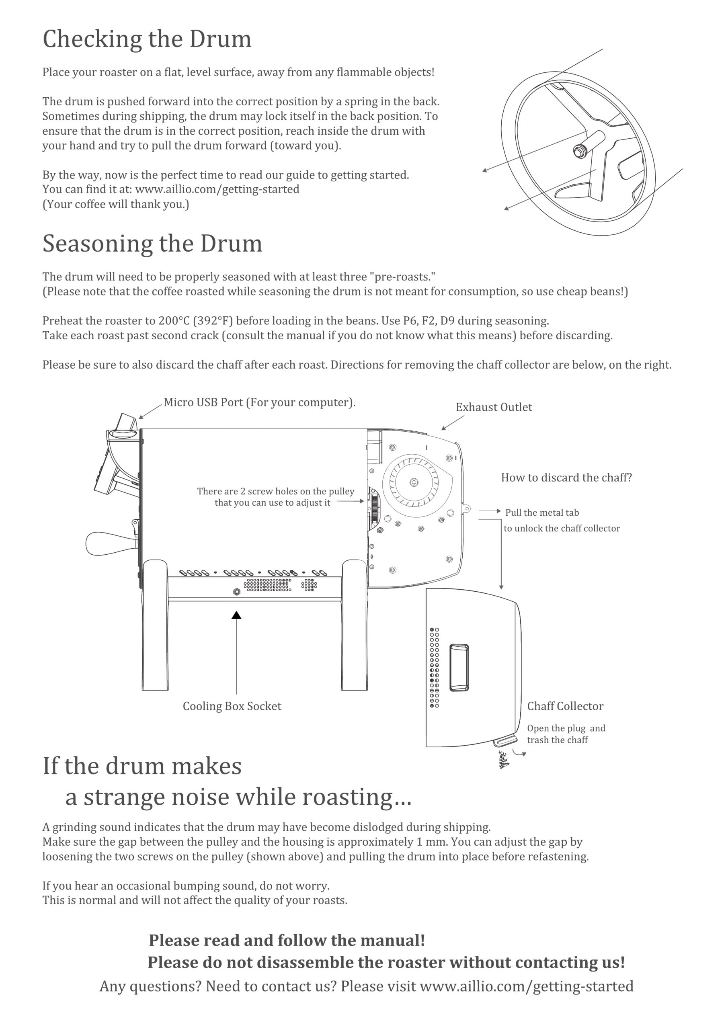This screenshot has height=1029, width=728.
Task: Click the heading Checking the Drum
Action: click(147, 39)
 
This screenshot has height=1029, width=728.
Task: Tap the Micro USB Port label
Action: click(259, 402)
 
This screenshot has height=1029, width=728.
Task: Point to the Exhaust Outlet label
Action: click(494, 408)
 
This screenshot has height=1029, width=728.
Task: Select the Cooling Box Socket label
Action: click(232, 706)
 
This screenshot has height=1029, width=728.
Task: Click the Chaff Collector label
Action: click(565, 706)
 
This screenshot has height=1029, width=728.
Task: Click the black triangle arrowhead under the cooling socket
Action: click(236, 615)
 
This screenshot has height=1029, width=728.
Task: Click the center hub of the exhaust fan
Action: click(414, 483)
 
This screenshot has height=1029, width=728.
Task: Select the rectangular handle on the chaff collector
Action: click(459, 668)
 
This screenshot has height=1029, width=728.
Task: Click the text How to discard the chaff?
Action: click(566, 478)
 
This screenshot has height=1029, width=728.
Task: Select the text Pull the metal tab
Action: click(542, 513)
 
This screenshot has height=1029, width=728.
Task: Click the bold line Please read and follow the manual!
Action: click(287, 941)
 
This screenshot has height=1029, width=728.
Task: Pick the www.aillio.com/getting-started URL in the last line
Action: click(526, 986)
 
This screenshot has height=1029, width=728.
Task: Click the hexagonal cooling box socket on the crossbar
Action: click(237, 592)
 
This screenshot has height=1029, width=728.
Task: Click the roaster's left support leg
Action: click(155, 627)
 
